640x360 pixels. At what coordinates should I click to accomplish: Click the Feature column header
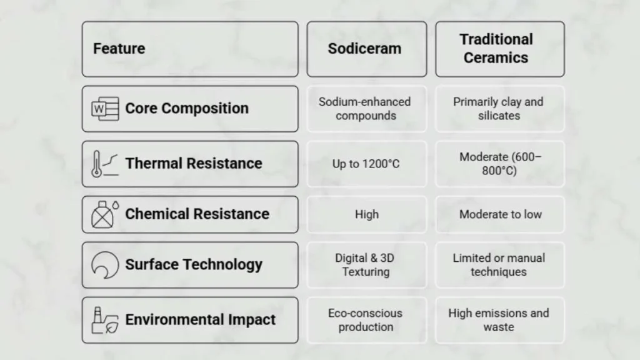click(x=119, y=49)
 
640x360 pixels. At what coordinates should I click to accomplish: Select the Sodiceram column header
click(x=364, y=49)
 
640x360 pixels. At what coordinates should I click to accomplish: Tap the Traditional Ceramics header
click(x=496, y=49)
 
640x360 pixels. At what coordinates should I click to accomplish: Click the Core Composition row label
click(x=186, y=108)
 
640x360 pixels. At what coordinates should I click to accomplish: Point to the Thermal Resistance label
click(x=194, y=163)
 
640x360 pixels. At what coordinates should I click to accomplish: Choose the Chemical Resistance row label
click(x=197, y=214)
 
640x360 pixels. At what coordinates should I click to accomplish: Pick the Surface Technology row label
click(x=194, y=264)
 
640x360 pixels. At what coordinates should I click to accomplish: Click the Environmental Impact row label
click(x=201, y=319)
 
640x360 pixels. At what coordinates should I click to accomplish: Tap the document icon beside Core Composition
click(x=105, y=109)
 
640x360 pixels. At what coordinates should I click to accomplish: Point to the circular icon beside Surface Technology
click(x=105, y=265)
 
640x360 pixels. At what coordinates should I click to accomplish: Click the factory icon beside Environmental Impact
click(x=105, y=321)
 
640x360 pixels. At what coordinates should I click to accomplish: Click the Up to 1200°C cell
click(x=366, y=164)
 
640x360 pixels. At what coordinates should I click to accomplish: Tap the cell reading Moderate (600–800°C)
click(x=500, y=164)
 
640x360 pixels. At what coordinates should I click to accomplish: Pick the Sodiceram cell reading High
click(x=366, y=214)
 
